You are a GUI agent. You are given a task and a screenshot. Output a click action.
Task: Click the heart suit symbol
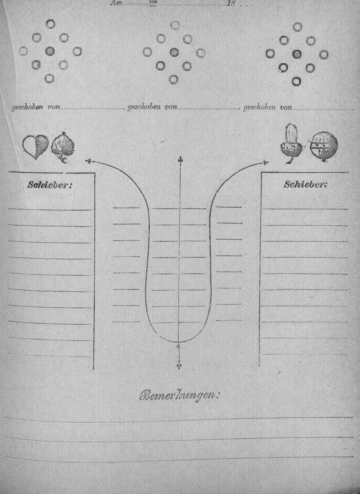(35, 146)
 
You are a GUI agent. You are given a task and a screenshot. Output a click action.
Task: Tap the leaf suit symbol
(63, 147)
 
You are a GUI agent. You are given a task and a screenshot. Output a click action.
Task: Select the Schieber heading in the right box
(305, 184)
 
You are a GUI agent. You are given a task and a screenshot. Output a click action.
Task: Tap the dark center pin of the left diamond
(50, 51)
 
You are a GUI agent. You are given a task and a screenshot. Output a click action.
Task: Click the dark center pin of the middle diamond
(174, 53)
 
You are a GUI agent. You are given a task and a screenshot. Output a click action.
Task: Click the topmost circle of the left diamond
(50, 23)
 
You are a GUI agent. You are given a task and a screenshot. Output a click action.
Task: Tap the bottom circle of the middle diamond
(174, 79)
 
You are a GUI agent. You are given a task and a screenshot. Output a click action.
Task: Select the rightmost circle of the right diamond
(324, 54)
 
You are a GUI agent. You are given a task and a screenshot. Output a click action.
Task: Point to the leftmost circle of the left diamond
(23, 51)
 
